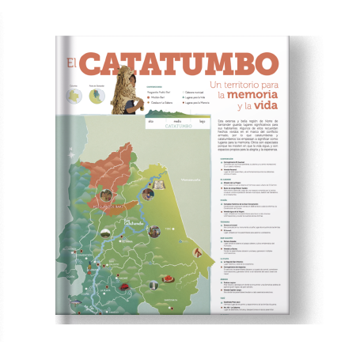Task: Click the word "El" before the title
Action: tap(72, 63)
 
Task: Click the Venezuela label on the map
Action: tap(191, 180)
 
